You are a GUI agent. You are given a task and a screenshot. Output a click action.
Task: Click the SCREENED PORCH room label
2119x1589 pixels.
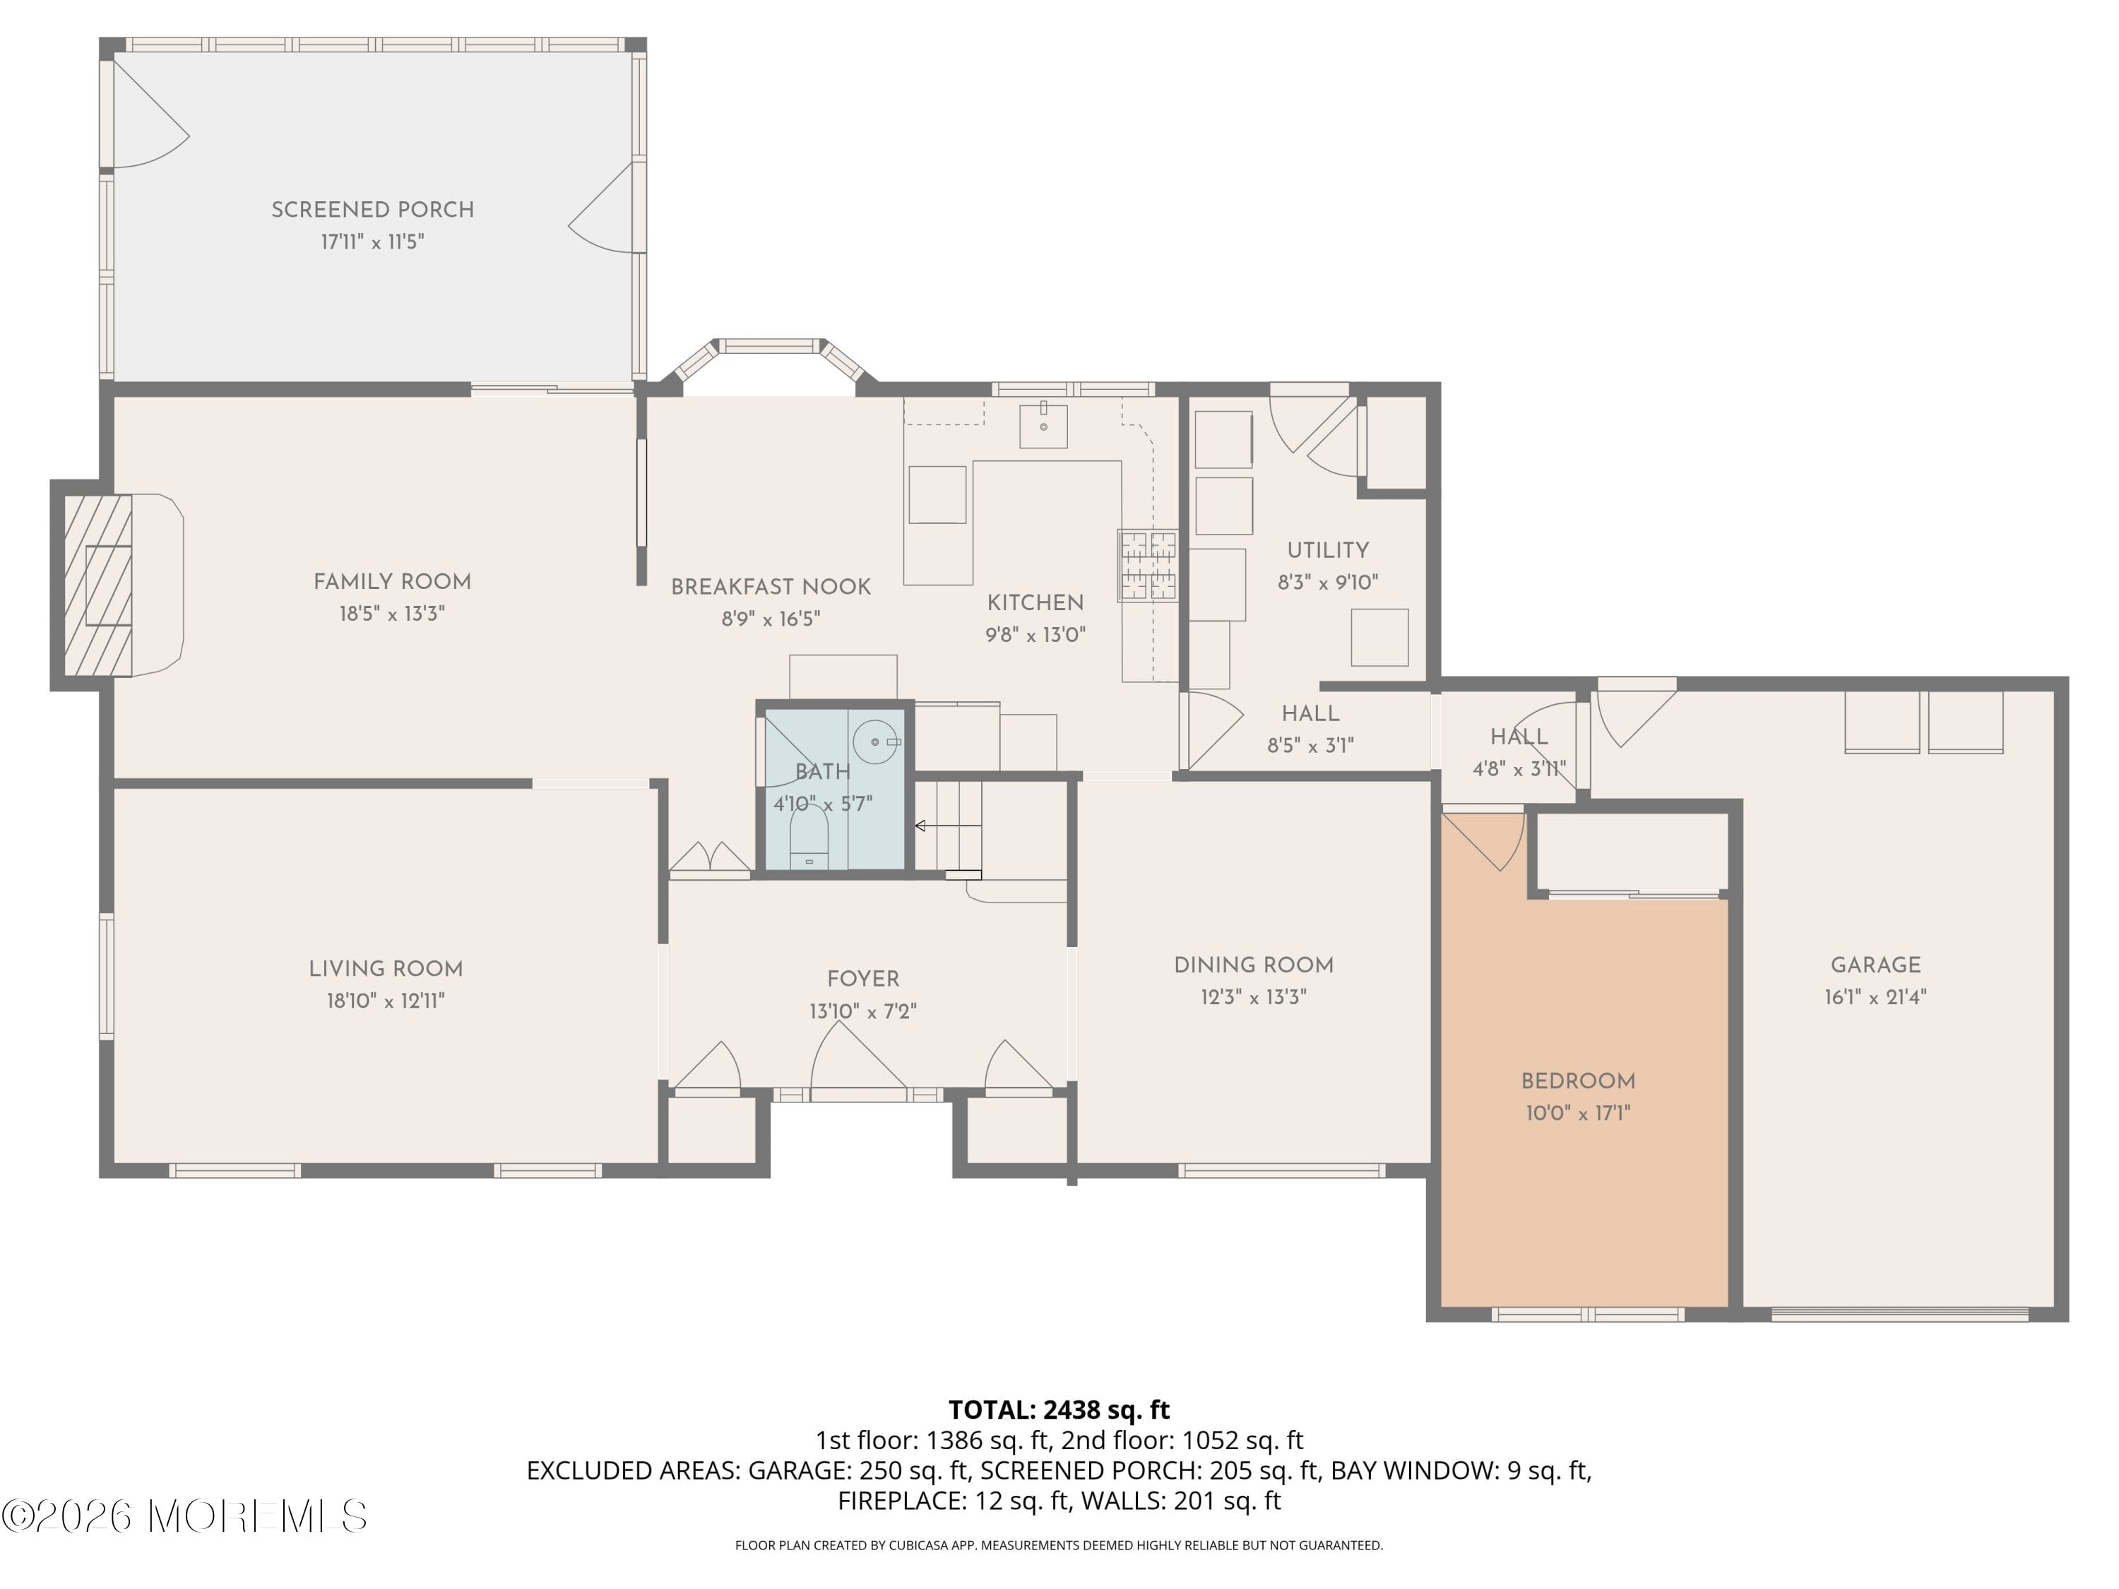[373, 210]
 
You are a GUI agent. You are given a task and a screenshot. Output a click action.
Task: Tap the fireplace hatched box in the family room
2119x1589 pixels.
[97, 585]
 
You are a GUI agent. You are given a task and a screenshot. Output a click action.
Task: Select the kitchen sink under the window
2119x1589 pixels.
[1043, 425]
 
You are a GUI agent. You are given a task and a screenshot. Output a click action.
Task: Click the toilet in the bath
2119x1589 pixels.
[809, 837]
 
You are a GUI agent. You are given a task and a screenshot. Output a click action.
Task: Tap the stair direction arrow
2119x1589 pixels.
[949, 826]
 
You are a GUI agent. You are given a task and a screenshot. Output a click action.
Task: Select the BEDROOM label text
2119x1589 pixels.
[1579, 1081]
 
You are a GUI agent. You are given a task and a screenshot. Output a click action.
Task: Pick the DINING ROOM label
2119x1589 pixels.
[1254, 965]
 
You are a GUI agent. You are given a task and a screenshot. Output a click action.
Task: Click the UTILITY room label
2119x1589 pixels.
[1328, 551]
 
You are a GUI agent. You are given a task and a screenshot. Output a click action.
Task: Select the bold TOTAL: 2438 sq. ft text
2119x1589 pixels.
[1059, 1410]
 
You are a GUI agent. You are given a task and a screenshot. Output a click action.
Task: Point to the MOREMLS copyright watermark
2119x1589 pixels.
[184, 1516]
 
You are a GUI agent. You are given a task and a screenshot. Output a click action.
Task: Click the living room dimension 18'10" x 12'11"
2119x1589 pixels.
[386, 1001]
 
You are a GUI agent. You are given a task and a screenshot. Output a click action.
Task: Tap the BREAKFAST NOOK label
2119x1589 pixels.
[771, 587]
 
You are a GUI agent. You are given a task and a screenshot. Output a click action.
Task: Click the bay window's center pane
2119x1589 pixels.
[769, 346]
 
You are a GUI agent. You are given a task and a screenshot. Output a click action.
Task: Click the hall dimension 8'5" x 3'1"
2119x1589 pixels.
[1310, 745]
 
